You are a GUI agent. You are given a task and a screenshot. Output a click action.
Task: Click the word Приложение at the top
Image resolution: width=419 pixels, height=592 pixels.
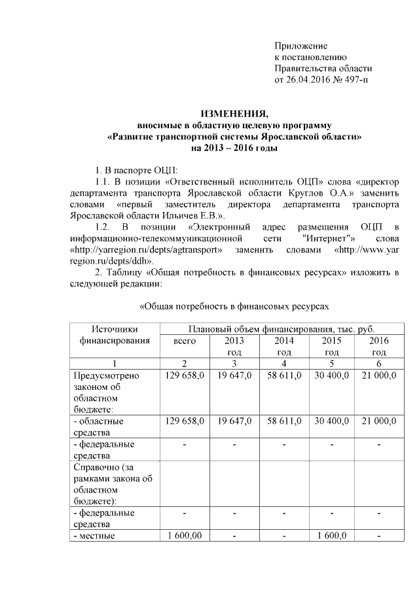(301, 46)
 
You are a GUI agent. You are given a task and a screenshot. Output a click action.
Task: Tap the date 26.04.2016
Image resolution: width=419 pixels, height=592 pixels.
(308, 80)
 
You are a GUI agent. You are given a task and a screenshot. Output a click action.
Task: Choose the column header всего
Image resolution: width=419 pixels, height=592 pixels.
(185, 341)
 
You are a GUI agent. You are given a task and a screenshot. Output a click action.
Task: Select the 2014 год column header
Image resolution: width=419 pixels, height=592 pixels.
(283, 346)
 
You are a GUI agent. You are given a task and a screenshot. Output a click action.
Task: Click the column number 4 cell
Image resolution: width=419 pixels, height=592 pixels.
(283, 364)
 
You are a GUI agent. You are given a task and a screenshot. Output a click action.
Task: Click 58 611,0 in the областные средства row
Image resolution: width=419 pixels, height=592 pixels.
(283, 421)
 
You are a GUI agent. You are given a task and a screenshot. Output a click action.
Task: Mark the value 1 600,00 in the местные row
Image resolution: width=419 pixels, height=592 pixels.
(185, 536)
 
